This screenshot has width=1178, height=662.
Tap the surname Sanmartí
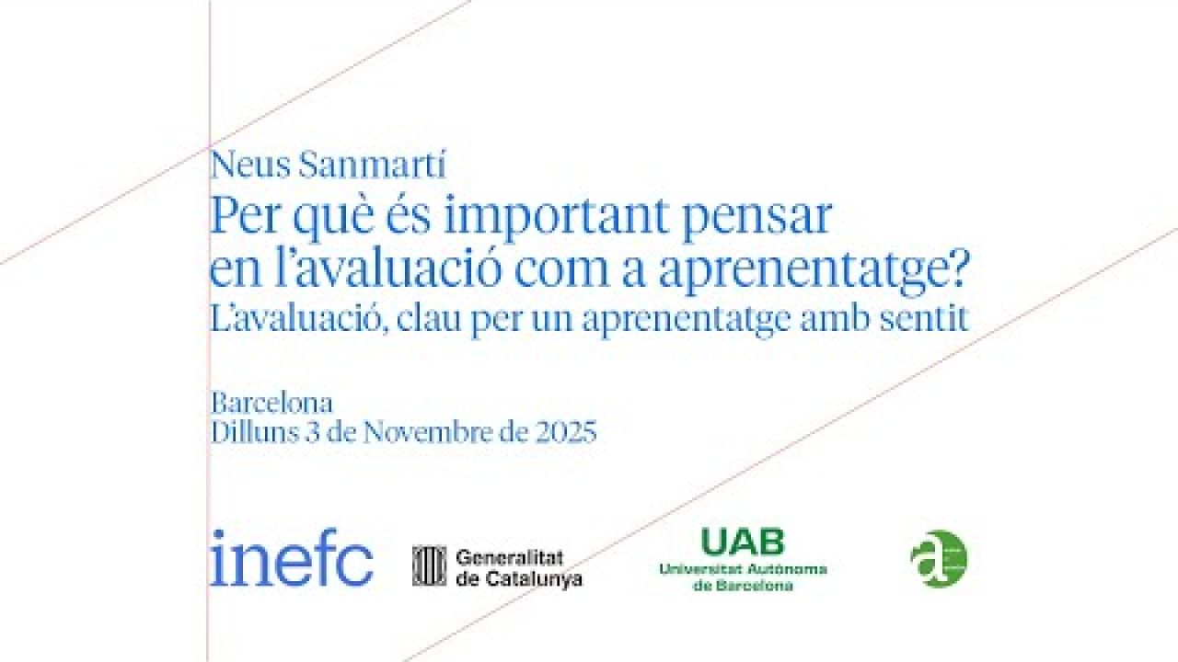tap(372, 167)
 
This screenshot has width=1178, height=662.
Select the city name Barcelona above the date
tap(272, 404)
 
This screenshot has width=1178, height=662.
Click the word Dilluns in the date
tap(255, 432)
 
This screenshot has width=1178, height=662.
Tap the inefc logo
tap(292, 558)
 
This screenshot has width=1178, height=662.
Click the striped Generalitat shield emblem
tap(429, 565)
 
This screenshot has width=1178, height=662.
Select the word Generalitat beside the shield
tap(509, 556)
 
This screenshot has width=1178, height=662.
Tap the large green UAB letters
tap(743, 542)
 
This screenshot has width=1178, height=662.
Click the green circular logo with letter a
tap(939, 559)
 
